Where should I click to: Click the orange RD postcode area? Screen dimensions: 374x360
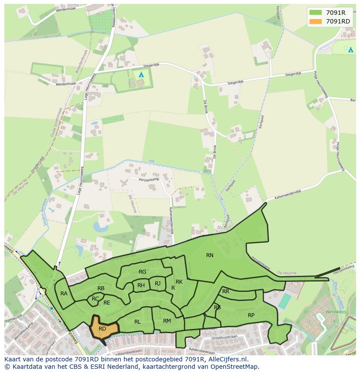[103, 329]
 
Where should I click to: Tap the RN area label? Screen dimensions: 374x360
[210, 255]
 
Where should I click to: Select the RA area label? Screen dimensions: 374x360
[64, 294]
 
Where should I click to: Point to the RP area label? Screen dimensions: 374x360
[251, 315]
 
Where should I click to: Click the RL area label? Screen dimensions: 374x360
[137, 322]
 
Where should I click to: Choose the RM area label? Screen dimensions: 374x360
[167, 321]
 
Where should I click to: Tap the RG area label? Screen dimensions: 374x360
[142, 272]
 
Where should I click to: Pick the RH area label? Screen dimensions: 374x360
[141, 285]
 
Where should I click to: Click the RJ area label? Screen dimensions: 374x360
[157, 284]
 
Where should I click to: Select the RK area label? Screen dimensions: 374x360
[179, 282]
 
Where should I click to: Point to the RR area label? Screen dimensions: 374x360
[226, 291]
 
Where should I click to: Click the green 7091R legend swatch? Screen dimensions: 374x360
[316, 13]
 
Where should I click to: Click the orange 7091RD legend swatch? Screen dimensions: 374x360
[316, 21]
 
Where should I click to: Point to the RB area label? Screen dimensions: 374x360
[101, 288]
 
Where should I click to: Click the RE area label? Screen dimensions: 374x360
[107, 303]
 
